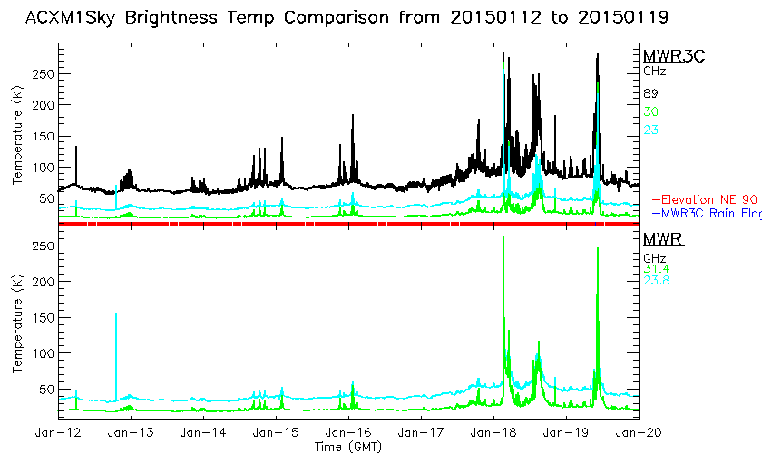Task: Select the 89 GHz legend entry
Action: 651,93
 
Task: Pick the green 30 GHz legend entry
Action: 651,111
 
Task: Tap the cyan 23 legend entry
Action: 651,130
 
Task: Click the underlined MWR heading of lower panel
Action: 662,239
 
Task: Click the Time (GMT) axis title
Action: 348,447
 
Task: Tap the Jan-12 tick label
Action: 58,434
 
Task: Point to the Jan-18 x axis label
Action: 493,434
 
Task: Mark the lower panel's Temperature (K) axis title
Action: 16,323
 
